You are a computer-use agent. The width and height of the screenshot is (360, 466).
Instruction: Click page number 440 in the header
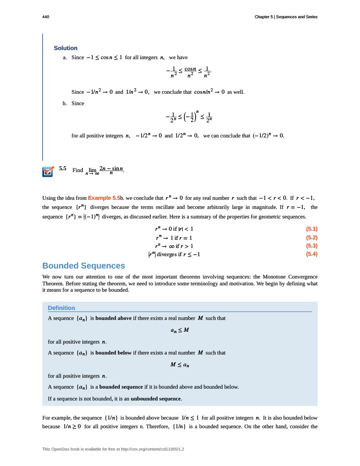(x=46, y=17)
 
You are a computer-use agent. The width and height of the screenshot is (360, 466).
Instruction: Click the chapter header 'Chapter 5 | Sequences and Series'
(x=286, y=17)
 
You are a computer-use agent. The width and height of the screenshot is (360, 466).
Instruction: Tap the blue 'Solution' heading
(x=66, y=48)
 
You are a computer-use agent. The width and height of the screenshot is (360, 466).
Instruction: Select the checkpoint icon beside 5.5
(x=48, y=172)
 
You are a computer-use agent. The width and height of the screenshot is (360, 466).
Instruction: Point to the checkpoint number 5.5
(x=63, y=168)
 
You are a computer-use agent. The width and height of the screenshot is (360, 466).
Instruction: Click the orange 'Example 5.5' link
(x=104, y=198)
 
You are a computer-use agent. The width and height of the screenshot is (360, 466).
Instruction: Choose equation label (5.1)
(x=312, y=229)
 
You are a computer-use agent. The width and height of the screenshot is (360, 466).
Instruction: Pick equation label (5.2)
(x=312, y=238)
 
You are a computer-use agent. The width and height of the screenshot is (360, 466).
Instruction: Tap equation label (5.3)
(x=312, y=246)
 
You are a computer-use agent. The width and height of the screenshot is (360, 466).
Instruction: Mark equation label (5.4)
(x=312, y=254)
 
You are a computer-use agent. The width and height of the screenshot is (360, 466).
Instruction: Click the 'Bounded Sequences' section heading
(x=83, y=266)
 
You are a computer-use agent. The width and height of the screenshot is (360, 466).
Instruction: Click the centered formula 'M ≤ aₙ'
(x=179, y=365)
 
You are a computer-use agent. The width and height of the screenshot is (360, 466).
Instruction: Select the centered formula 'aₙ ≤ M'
(x=179, y=330)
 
